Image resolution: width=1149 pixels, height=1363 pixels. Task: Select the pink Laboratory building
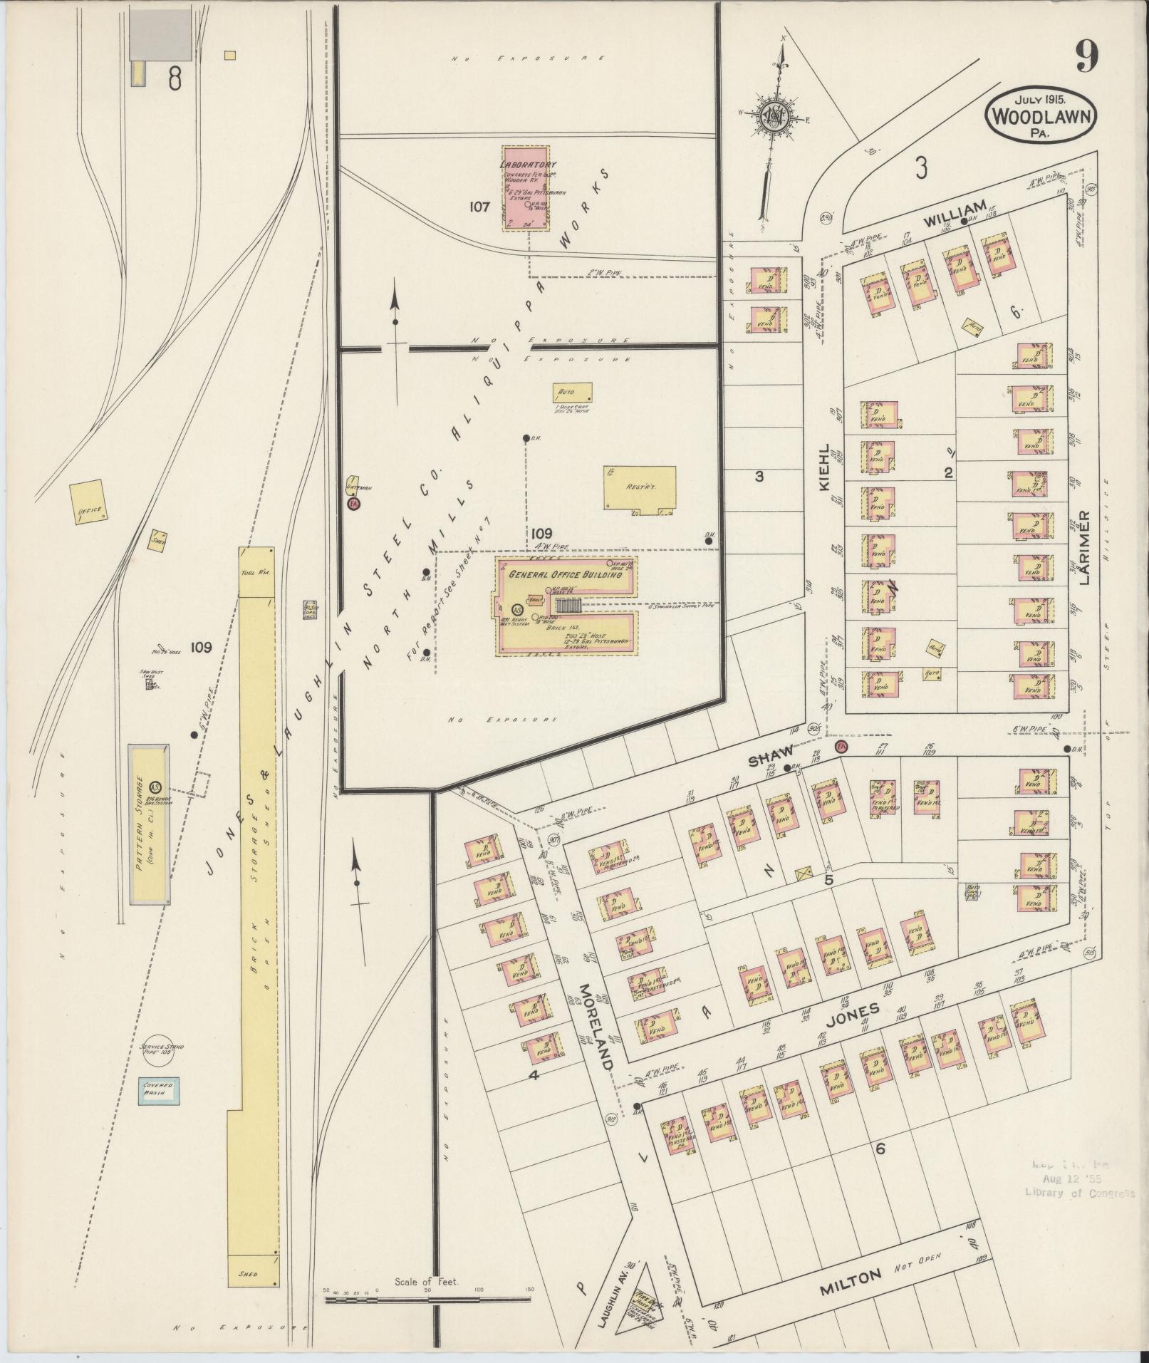click(x=526, y=189)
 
